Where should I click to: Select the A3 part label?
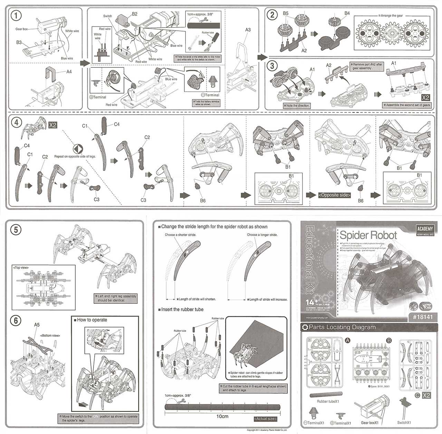point(248,30)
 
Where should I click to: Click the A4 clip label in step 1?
point(69,72)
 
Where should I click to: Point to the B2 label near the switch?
point(134,14)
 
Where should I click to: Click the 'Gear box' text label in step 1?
point(21,29)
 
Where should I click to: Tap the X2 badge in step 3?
point(425,98)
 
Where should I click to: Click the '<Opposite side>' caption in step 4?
point(334,195)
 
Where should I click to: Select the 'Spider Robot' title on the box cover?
point(368,235)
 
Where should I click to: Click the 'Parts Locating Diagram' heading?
point(342,327)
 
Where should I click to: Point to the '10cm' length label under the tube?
point(222,416)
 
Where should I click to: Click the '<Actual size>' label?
point(265,419)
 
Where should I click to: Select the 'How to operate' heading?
point(92,320)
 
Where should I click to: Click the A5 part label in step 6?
point(37,325)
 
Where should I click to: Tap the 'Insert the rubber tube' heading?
point(182,309)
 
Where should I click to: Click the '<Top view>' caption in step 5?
point(21,268)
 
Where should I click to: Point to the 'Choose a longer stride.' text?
point(262,235)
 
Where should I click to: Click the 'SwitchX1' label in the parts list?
point(404,422)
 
